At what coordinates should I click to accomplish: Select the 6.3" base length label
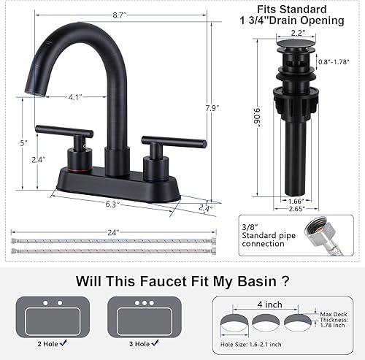(x=111, y=205)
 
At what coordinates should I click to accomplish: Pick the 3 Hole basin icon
(x=144, y=315)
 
